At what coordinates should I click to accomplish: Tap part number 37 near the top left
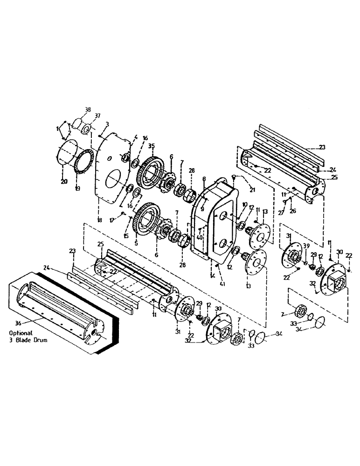[x=97, y=116]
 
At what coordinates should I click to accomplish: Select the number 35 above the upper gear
[x=151, y=146]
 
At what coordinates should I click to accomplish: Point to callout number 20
[x=64, y=181]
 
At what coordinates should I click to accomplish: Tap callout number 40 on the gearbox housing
[x=200, y=237]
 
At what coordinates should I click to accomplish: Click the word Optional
[x=20, y=333]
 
